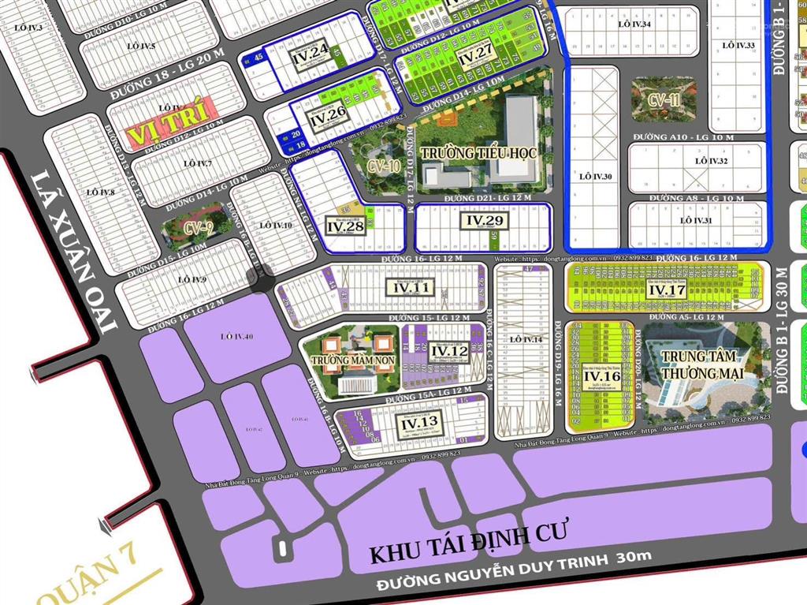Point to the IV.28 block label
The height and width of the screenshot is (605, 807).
pos(345,227)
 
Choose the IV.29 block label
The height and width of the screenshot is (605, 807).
pos(483,220)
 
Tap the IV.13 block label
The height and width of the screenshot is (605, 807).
pos(419,424)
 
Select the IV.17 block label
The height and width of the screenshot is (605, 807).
pos(667,289)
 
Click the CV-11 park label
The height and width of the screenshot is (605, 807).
pos(664,99)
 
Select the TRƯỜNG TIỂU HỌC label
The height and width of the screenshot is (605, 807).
pos(478,152)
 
